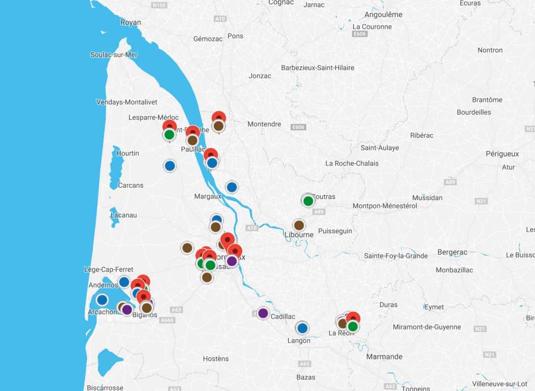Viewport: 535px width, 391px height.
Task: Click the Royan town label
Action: click(x=131, y=22)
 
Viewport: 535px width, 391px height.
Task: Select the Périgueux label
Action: click(x=502, y=153)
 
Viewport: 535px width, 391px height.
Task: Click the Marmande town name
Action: click(x=384, y=357)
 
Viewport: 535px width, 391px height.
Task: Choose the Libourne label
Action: click(x=299, y=235)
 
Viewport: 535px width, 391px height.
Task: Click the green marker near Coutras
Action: click(x=308, y=201)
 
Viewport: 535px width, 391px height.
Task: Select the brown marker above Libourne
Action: click(x=299, y=225)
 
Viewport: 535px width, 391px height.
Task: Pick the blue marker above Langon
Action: click(x=302, y=328)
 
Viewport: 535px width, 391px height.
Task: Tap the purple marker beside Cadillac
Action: click(x=263, y=313)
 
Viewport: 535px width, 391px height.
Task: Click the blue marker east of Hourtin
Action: click(x=170, y=165)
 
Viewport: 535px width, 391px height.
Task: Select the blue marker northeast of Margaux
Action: click(x=232, y=187)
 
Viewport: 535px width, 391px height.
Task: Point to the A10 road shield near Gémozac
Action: click(x=220, y=19)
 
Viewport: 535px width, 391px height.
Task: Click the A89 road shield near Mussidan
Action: click(x=450, y=182)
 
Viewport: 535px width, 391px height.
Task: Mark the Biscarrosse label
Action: click(x=105, y=387)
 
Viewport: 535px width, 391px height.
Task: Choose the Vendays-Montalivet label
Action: click(x=127, y=102)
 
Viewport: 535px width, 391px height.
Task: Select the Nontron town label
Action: click(x=490, y=50)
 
